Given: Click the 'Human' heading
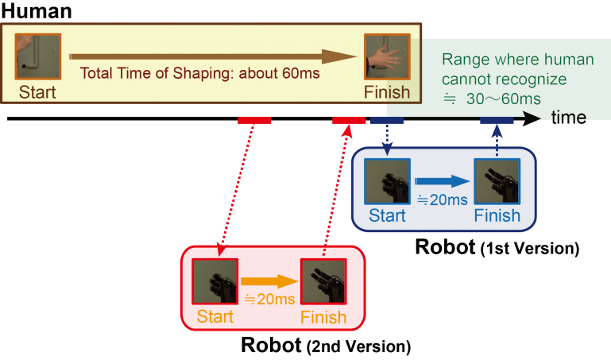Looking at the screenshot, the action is (37, 11).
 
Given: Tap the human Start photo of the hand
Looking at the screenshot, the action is (38, 56).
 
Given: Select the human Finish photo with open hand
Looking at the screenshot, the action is (387, 56).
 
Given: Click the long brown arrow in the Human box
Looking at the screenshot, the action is (213, 56).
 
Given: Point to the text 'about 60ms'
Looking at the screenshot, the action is (279, 73).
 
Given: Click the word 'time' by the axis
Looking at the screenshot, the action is (569, 118).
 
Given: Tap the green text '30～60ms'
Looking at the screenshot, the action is (504, 99).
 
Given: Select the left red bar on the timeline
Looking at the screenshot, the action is (254, 120).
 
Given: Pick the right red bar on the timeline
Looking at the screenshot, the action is (349, 120).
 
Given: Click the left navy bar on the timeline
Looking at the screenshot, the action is (387, 120).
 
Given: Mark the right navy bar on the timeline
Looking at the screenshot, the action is (497, 120).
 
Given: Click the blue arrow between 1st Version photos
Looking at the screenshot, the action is (442, 181).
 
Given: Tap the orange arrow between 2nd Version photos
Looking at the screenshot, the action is (269, 281).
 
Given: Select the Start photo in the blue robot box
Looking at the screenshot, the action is (387, 181).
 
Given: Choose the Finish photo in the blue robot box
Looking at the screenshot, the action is (497, 181).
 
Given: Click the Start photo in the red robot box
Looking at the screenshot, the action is (215, 281).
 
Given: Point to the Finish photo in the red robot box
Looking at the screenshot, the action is (323, 281).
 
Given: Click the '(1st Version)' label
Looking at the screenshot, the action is (530, 249).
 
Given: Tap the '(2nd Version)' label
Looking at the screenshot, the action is (359, 346).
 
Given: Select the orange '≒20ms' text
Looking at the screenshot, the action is (269, 299).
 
